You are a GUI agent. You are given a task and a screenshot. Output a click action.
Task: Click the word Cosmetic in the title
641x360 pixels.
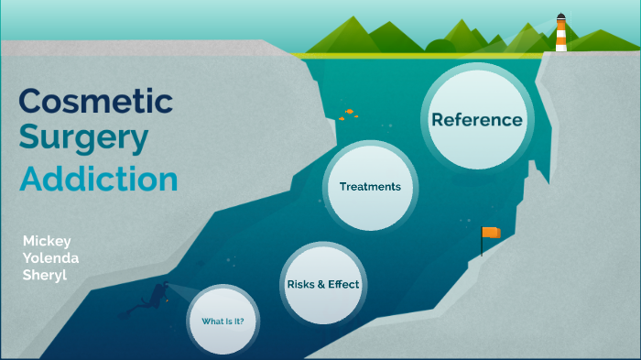(x=95, y=100)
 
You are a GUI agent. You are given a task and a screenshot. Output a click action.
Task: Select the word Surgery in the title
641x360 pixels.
(x=83, y=138)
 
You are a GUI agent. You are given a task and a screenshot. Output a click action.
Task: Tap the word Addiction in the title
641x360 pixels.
(x=99, y=179)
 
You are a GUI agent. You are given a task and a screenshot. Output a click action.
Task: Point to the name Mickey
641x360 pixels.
(x=47, y=240)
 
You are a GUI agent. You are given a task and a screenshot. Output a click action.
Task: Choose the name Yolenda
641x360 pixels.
(x=50, y=257)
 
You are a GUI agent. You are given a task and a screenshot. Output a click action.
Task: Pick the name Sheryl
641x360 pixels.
(x=45, y=275)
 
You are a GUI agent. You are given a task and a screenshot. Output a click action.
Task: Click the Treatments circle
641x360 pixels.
(x=370, y=186)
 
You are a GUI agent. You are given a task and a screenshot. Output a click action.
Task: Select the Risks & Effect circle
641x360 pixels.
(x=322, y=284)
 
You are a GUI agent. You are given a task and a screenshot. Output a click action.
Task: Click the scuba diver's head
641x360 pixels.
(x=165, y=288)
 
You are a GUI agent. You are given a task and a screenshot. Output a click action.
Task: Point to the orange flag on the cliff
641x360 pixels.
(x=493, y=233)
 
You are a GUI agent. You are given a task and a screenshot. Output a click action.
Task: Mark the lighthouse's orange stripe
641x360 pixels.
(x=560, y=38)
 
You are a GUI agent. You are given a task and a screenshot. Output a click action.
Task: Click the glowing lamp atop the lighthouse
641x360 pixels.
(x=560, y=19)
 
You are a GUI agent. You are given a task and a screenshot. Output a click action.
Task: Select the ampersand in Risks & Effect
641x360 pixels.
(x=321, y=284)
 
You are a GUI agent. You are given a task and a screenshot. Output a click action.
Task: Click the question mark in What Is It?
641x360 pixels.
(x=254, y=322)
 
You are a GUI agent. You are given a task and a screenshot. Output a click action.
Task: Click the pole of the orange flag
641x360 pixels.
(x=483, y=243)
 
